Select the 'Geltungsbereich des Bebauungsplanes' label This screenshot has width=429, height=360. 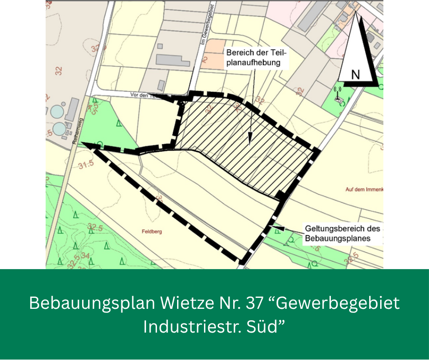[342, 233]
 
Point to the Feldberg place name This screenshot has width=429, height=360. [152, 232]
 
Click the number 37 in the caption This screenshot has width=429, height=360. [245, 303]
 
